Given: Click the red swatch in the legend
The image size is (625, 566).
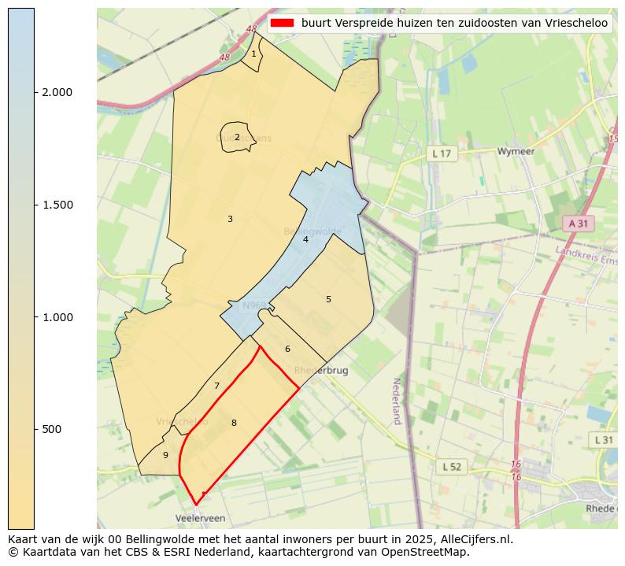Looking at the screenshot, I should coord(281,23).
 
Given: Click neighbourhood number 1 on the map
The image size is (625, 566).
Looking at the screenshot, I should coord(253,54).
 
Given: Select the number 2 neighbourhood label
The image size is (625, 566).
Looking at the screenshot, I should coord(237,137).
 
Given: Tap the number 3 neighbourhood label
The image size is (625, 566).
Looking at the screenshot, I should coord(230,219).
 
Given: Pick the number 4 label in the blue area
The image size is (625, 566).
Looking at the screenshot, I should coord(305,239).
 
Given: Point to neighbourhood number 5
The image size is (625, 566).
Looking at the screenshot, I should coord(328,299).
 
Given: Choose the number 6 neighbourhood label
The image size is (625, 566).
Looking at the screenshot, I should coord(287,349).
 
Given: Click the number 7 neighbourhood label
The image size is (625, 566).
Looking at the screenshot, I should coord(216,386).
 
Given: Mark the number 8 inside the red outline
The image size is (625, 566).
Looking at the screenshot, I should coord(234,423).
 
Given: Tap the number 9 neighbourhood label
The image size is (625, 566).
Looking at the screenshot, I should coord(165,455).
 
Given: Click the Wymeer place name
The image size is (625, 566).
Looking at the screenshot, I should coord(516,151).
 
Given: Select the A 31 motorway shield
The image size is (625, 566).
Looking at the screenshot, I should coord(579,224).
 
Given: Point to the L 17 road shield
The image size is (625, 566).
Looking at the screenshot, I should coord(442,154).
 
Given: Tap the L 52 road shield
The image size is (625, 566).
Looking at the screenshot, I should coord(451,467).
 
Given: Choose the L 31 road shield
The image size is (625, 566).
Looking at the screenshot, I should coord(604,439).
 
